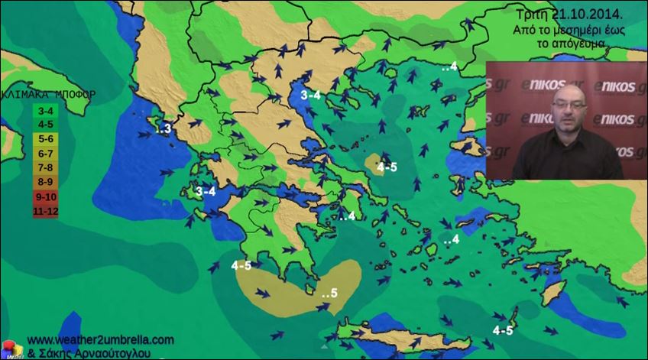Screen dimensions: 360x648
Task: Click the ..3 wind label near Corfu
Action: [x=163, y=129]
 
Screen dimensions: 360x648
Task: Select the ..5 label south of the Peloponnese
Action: [x=329, y=294]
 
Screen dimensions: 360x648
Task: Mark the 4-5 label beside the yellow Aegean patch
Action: [x=387, y=167]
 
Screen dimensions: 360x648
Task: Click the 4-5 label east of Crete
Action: [x=503, y=331]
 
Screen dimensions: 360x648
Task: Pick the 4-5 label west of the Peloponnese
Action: [x=241, y=266]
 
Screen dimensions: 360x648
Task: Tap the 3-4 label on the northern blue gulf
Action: [x=312, y=95]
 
